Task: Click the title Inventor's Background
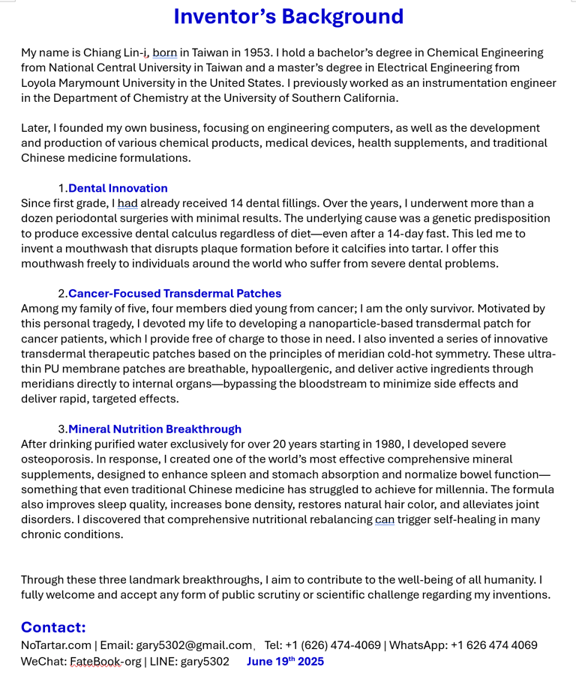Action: pos(289,16)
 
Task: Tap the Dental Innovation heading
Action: pos(118,188)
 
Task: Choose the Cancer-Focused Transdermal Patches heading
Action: pos(175,293)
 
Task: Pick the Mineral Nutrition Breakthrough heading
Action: pos(154,429)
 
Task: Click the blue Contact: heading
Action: pos(53,627)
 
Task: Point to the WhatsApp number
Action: pos(494,645)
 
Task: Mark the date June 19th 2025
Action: pos(285,662)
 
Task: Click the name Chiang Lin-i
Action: pos(116,52)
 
